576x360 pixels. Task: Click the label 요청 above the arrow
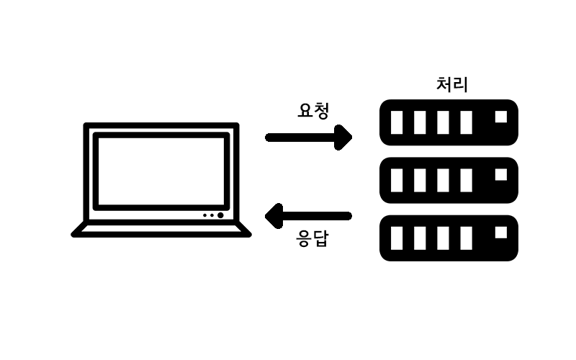[x=313, y=111]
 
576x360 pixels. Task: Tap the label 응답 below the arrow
[x=313, y=238]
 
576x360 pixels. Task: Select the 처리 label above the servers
[x=452, y=84]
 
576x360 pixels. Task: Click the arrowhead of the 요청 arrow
[x=345, y=137]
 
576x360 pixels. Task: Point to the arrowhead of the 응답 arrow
[x=274, y=215]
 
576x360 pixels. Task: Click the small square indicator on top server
[x=501, y=117]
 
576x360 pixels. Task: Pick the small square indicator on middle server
[x=501, y=174]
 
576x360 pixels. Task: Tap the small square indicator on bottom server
[x=501, y=232]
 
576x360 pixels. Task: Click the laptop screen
[x=161, y=171]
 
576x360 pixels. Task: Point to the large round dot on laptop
[x=220, y=215]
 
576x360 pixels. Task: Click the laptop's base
[x=161, y=230]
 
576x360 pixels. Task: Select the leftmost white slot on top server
[x=397, y=122]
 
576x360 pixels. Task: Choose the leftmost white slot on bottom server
[x=397, y=238]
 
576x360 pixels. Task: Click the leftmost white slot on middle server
[x=397, y=180]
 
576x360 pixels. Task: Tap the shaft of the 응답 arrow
[x=317, y=215]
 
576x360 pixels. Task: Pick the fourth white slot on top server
[x=466, y=122]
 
